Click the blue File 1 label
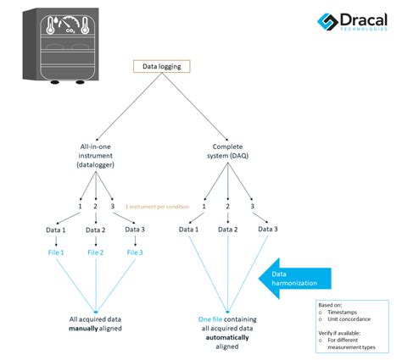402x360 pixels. tap(56, 252)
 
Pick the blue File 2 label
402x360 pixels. tap(96, 252)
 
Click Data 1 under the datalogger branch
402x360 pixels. tap(56, 229)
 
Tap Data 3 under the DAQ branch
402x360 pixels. tap(268, 229)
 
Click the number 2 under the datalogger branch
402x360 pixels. tap(96, 206)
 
